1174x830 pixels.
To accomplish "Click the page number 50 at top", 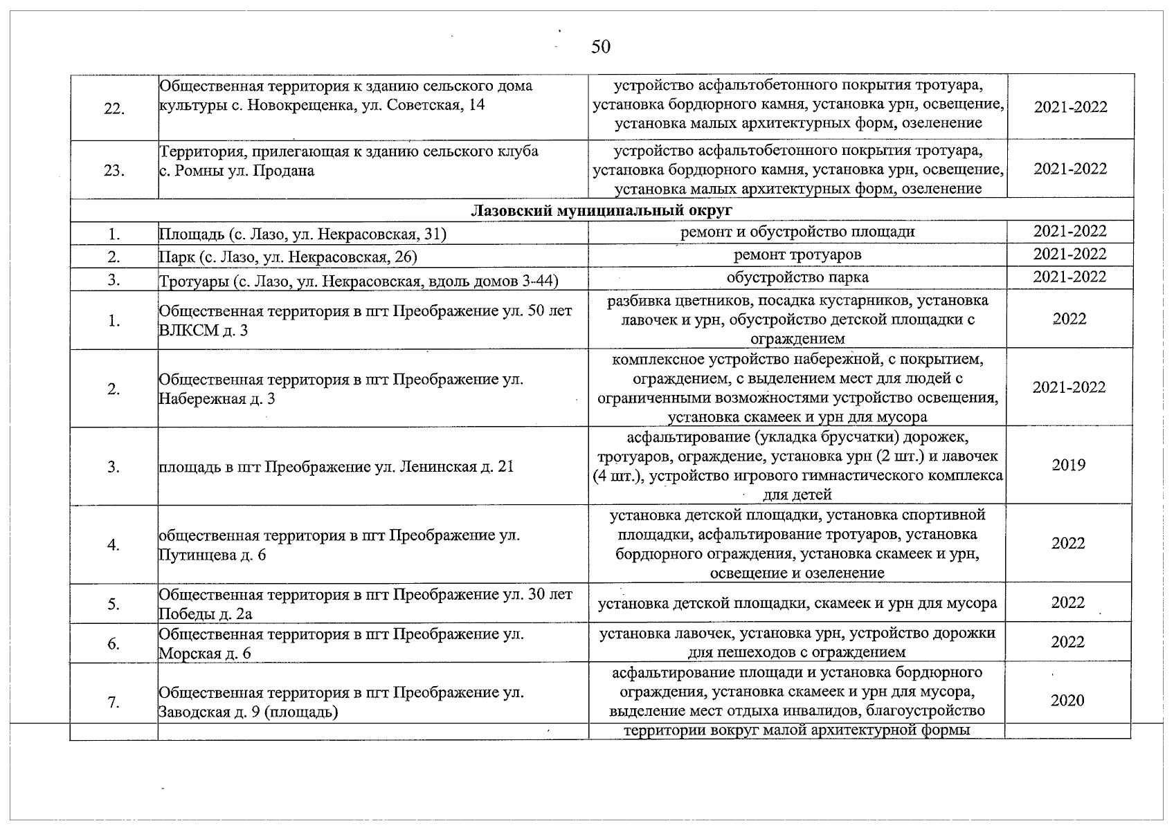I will click(x=601, y=47).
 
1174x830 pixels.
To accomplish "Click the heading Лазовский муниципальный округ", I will click(x=602, y=210).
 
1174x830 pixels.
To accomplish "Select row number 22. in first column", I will click(x=114, y=109).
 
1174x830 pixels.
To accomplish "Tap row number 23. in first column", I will click(x=114, y=171).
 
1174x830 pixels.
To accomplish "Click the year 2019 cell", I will click(x=1068, y=465).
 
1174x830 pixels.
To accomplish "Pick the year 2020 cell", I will click(x=1067, y=701).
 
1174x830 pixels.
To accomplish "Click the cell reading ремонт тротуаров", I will click(x=797, y=255).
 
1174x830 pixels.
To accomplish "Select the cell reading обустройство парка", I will click(x=797, y=277).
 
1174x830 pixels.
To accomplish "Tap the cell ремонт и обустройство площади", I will click(x=797, y=232).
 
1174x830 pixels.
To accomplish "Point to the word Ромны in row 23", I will click(x=197, y=170).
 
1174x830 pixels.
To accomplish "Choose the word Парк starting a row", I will click(x=177, y=258).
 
